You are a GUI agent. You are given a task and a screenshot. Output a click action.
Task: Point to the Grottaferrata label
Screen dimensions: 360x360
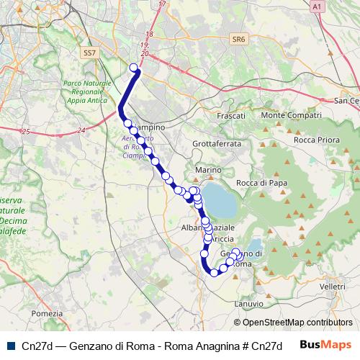pyautogui.click(x=217, y=143)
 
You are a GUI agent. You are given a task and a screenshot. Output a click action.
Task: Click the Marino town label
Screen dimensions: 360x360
pyautogui.click(x=206, y=170)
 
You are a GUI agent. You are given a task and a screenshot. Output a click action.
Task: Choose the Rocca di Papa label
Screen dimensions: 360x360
pyautogui.click(x=261, y=183)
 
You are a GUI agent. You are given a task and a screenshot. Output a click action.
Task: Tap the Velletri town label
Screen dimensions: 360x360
pyautogui.click(x=333, y=287)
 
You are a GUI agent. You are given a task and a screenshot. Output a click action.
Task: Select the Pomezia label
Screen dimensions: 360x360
pyautogui.click(x=48, y=313)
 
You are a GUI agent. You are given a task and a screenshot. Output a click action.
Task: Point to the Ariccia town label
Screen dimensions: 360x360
pyautogui.click(x=221, y=238)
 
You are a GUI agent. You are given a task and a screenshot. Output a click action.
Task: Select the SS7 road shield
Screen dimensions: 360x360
pyautogui.click(x=89, y=53)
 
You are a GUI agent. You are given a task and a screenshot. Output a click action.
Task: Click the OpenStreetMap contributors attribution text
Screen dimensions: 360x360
pyautogui.click(x=293, y=323)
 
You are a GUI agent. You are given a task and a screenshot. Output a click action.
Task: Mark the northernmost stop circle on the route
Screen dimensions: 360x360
pyautogui.click(x=133, y=68)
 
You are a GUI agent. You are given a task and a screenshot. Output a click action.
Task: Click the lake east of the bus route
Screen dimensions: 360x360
pyautogui.click(x=221, y=200)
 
